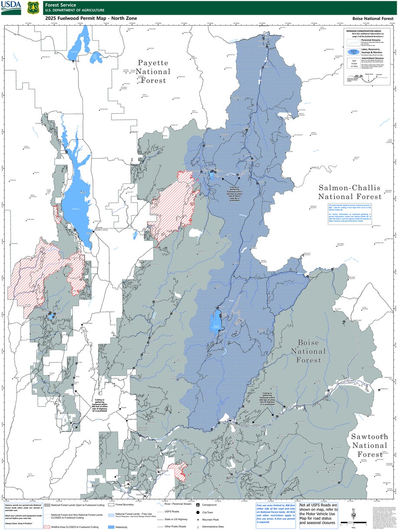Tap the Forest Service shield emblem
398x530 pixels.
click(32, 7)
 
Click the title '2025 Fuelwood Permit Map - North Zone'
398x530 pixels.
click(91, 19)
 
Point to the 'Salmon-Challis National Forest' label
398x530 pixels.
click(349, 192)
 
